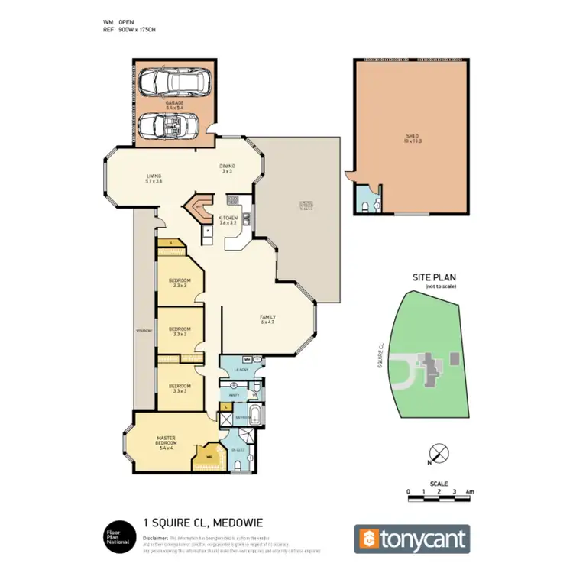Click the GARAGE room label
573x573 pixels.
point(175,105)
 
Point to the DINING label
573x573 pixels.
point(227,168)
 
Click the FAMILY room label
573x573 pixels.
point(267,319)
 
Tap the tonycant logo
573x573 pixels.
point(411,539)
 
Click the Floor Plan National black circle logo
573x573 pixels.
point(116,536)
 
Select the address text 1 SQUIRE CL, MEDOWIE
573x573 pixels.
point(203,523)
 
